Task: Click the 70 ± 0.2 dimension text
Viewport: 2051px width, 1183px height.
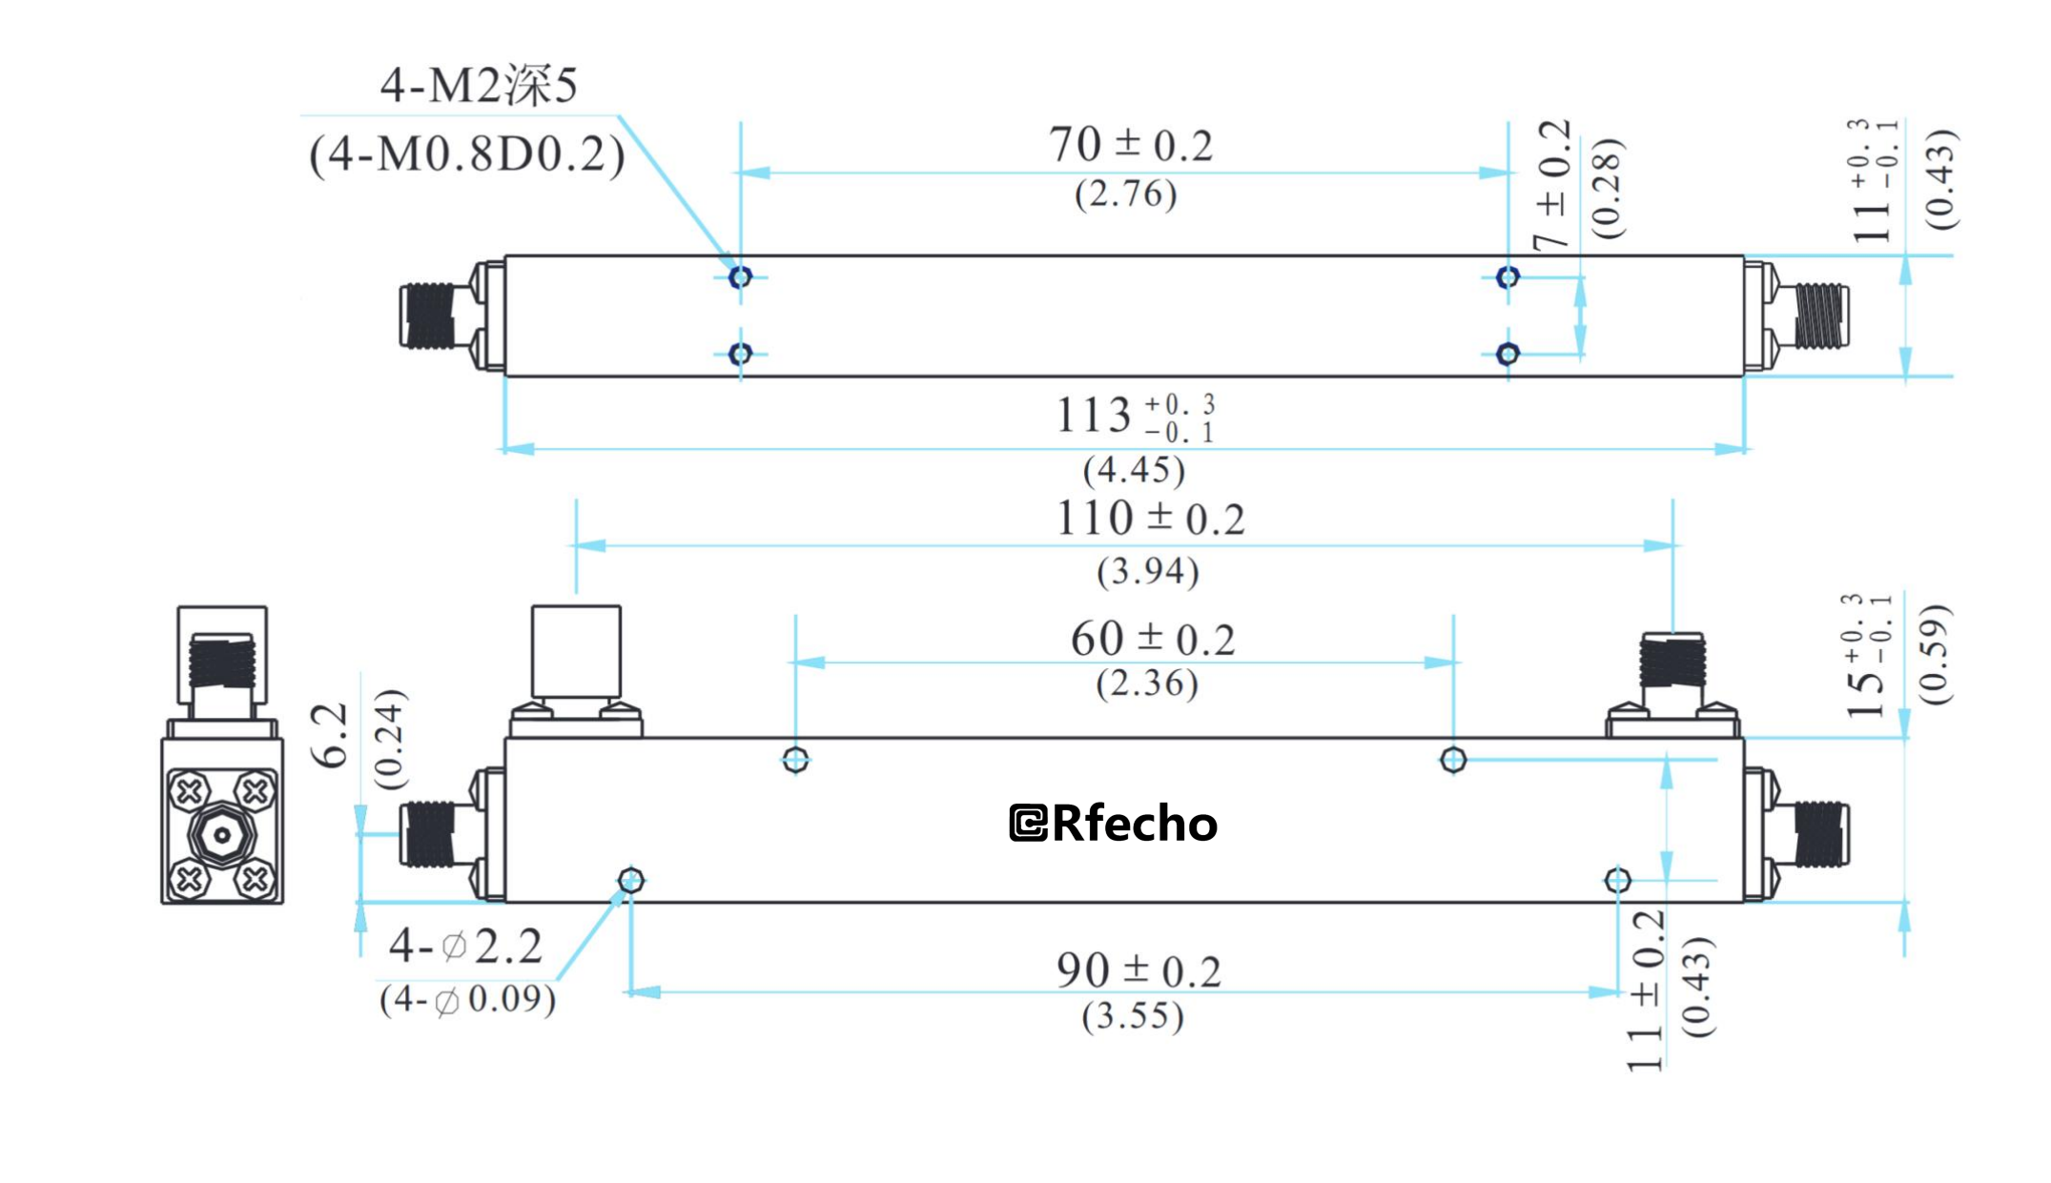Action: pyautogui.click(x=1131, y=145)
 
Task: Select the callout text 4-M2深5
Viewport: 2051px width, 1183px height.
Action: pyautogui.click(x=479, y=86)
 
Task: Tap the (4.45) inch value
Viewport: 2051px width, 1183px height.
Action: pyautogui.click(x=1134, y=470)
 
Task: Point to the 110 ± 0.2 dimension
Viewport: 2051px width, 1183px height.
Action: pyautogui.click(x=1150, y=520)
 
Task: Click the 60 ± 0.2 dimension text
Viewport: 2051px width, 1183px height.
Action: pyautogui.click(x=1152, y=640)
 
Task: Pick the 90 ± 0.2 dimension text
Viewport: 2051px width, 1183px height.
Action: pyautogui.click(x=1138, y=970)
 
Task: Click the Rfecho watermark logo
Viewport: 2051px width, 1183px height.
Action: pyautogui.click(x=1114, y=824)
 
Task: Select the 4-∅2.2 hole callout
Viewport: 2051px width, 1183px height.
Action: pyautogui.click(x=465, y=947)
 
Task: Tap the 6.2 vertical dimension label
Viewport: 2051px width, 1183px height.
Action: pyautogui.click(x=331, y=736)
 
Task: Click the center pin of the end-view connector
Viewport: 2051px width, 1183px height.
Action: pyautogui.click(x=222, y=836)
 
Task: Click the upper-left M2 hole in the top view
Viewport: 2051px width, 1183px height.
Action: pyautogui.click(x=740, y=277)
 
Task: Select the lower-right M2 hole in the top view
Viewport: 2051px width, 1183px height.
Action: pyautogui.click(x=1507, y=355)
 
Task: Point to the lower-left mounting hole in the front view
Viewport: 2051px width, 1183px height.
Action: pyautogui.click(x=631, y=880)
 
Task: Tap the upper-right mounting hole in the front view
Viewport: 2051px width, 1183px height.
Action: pyautogui.click(x=1453, y=760)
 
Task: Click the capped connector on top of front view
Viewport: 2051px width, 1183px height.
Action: pyautogui.click(x=576, y=651)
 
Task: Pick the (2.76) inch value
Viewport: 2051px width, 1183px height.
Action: pyautogui.click(x=1126, y=194)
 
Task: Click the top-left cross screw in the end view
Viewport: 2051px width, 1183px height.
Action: pyautogui.click(x=189, y=791)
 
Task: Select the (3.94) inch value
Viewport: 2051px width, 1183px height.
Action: pyautogui.click(x=1148, y=572)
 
